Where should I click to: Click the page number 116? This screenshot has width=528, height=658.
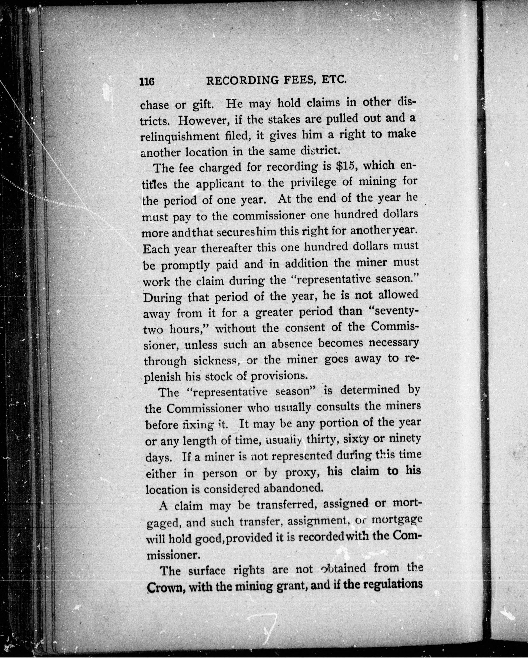click(x=147, y=82)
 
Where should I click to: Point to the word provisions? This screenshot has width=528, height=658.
click(x=278, y=376)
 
